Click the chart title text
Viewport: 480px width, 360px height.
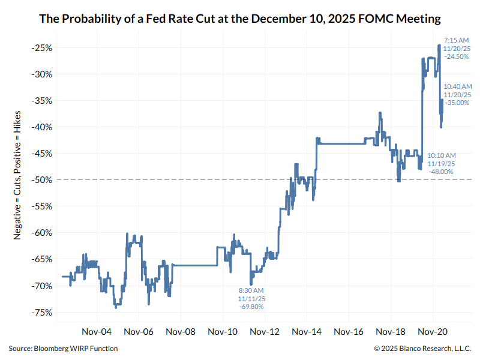pos(240,19)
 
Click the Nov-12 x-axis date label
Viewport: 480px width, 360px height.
pos(265,331)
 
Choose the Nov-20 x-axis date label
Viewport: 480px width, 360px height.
pos(433,331)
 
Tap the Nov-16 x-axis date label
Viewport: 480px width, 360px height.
pos(349,331)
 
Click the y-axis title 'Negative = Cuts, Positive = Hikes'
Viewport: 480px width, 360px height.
pos(19,180)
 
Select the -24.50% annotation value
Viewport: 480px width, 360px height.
pos(455,56)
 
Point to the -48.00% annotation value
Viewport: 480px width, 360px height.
pos(441,172)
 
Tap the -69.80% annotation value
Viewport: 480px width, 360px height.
pos(251,307)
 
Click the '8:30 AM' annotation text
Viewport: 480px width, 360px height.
pos(251,290)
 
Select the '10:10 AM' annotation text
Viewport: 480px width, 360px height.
pos(441,155)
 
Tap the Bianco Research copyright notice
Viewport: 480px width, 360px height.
pos(423,349)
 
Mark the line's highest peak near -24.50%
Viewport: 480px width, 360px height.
pos(439,45)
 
